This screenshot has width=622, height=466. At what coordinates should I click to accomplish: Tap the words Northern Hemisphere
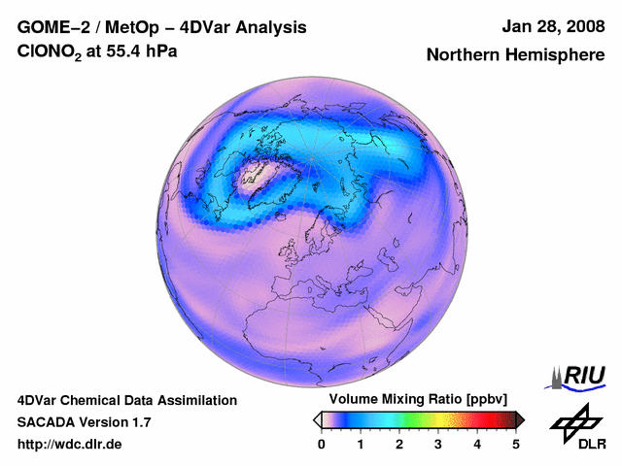pyautogui.click(x=515, y=55)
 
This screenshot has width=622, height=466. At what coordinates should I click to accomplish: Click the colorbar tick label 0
pyautogui.click(x=322, y=444)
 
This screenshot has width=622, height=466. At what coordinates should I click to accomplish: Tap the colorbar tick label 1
pyautogui.click(x=361, y=444)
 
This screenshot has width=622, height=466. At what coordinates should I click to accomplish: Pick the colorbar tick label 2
pyautogui.click(x=399, y=444)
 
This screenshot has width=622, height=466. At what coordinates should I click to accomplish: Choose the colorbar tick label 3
pyautogui.click(x=438, y=444)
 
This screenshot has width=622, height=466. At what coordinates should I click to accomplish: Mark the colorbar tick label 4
pyautogui.click(x=477, y=444)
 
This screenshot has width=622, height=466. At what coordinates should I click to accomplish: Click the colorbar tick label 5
pyautogui.click(x=516, y=444)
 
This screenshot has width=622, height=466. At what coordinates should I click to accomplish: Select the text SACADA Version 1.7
pyautogui.click(x=85, y=422)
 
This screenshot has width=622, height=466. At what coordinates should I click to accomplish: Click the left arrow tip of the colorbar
pyautogui.click(x=317, y=419)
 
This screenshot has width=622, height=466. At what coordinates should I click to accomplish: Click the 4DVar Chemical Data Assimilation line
pyautogui.click(x=126, y=400)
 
